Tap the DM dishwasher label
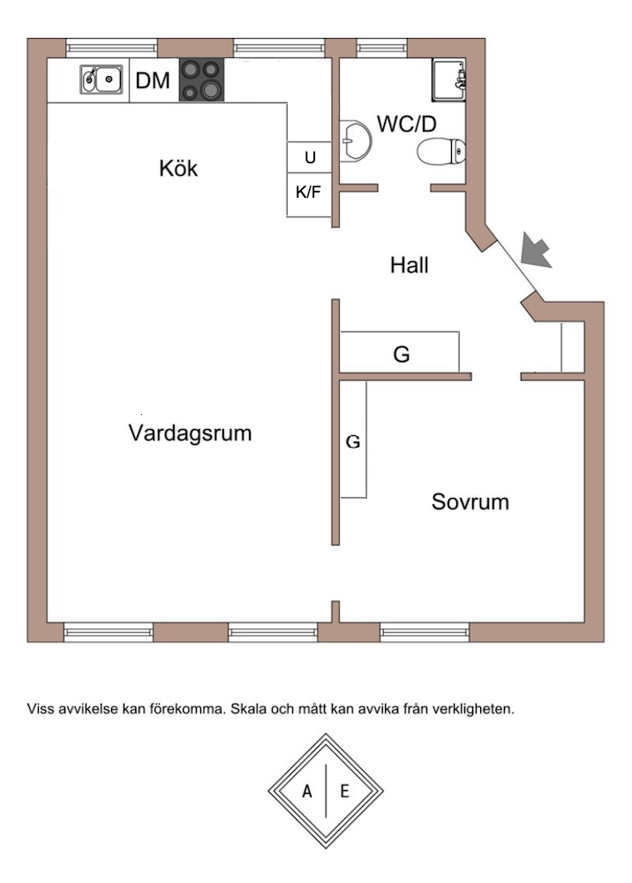click(x=152, y=81)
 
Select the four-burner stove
click(x=201, y=80)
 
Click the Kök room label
click(x=178, y=168)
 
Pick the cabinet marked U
click(x=309, y=157)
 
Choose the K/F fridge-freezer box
click(x=309, y=191)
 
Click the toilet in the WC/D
click(x=441, y=152)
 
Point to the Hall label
click(x=410, y=264)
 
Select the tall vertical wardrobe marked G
click(x=353, y=441)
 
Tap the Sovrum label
click(x=470, y=502)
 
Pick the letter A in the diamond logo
click(x=307, y=791)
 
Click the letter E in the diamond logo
click(x=344, y=791)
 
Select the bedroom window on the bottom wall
click(x=425, y=631)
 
